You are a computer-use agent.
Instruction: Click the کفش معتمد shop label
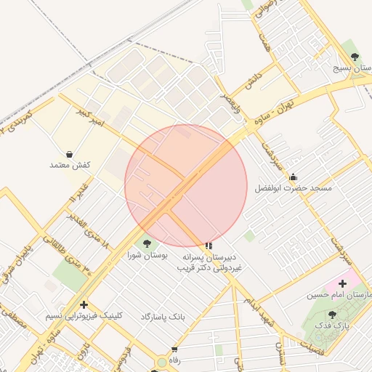coord(70,166)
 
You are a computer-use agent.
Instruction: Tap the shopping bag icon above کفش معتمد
coord(69,154)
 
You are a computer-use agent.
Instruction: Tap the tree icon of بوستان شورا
coord(147,243)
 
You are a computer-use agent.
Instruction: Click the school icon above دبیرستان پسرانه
coord(209,246)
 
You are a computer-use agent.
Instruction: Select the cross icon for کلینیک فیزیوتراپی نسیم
coord(84,305)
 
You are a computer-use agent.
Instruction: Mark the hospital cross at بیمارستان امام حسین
coord(342,283)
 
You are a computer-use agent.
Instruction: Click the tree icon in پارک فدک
coord(332,315)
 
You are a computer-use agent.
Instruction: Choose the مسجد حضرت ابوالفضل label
coord(293,188)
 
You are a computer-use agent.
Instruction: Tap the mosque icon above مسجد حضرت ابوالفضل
coord(293,177)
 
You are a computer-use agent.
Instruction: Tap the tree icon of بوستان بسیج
coord(355,56)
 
